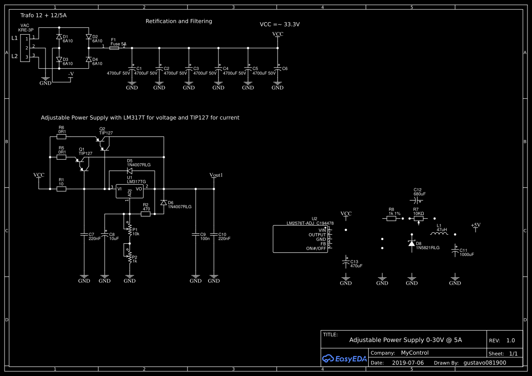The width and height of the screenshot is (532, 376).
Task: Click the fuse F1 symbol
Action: (114, 47)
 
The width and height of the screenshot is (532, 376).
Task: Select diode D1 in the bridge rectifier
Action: (59, 37)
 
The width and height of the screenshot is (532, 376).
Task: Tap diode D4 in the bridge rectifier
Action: (88, 60)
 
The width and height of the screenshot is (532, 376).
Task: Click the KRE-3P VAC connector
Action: (25, 48)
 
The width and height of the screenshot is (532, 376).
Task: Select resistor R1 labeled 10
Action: (61, 189)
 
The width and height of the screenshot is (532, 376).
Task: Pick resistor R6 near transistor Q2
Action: (61, 136)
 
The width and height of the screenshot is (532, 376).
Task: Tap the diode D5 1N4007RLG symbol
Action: (129, 171)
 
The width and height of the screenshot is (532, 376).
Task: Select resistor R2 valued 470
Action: (146, 214)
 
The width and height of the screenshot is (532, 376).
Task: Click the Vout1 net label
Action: (216, 175)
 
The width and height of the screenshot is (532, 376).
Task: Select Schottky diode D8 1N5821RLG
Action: (411, 244)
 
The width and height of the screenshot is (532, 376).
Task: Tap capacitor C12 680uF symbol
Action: (418, 200)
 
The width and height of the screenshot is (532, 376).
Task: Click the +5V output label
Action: (476, 225)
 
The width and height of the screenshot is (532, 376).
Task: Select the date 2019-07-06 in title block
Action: (407, 363)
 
